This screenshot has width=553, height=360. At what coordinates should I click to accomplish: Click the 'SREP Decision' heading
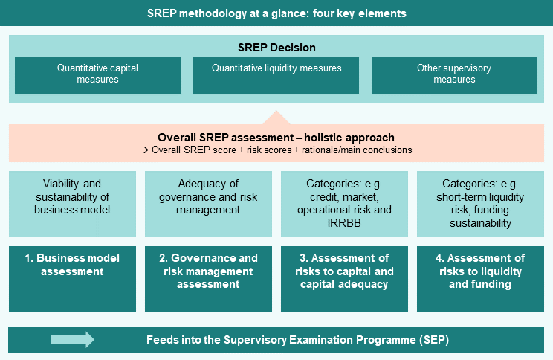pyautogui.click(x=276, y=48)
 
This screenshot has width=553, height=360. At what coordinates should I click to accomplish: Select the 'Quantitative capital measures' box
pyautogui.click(x=98, y=76)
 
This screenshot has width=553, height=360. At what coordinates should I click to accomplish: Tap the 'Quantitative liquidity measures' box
pyautogui.click(x=276, y=76)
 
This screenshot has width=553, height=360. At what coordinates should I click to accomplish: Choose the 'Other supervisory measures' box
pyautogui.click(x=454, y=76)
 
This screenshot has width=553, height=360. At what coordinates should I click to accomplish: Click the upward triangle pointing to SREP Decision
pyautogui.click(x=276, y=118)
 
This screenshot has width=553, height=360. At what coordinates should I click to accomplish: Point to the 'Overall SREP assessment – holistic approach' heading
pyautogui.click(x=276, y=138)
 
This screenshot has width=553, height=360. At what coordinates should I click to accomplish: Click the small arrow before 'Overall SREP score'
pyautogui.click(x=144, y=150)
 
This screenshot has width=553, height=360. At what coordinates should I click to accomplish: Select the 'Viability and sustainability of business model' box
pyautogui.click(x=72, y=204)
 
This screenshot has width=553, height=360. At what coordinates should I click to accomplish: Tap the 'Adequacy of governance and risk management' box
pyautogui.click(x=208, y=204)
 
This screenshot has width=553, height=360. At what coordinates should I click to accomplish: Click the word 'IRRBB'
pyautogui.click(x=344, y=223)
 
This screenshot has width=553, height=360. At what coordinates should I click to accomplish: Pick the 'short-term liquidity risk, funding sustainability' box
pyautogui.click(x=480, y=204)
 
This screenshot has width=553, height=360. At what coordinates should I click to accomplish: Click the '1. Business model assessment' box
pyautogui.click(x=72, y=279)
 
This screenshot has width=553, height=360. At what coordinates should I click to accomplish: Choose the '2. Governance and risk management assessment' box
pyautogui.click(x=208, y=279)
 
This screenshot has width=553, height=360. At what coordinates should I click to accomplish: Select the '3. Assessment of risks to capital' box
pyautogui.click(x=344, y=279)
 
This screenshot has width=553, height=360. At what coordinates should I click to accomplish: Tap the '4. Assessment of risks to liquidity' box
pyautogui.click(x=480, y=279)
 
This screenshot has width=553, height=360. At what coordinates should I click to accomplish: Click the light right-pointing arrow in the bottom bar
pyautogui.click(x=72, y=339)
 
